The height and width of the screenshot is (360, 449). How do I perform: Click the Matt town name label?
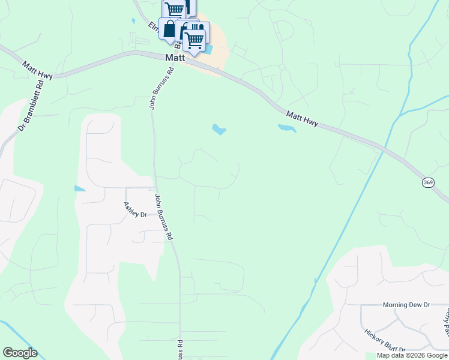pyautogui.click(x=174, y=58)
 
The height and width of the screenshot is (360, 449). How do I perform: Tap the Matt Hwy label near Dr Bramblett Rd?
pyautogui.click(x=37, y=70)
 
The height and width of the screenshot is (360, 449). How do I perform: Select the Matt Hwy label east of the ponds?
pyautogui.click(x=302, y=119)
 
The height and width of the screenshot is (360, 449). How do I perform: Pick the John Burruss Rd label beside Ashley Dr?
pyautogui.click(x=164, y=217)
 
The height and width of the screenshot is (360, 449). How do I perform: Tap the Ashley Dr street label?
pyautogui.click(x=135, y=209)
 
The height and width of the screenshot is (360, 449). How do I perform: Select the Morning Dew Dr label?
pyautogui.click(x=407, y=305)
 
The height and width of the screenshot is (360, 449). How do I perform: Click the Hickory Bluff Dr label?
pyautogui.click(x=384, y=340)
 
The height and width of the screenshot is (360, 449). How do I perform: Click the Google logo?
pyautogui.click(x=20, y=353)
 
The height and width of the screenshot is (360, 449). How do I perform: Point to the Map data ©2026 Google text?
pyautogui.click(x=411, y=355)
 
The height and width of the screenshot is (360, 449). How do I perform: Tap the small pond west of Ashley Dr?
pyautogui.click(x=79, y=188)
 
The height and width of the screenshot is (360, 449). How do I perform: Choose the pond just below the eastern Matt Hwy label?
pyautogui.click(x=286, y=128)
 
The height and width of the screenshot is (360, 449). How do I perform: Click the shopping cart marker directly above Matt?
pyautogui.click(x=194, y=41)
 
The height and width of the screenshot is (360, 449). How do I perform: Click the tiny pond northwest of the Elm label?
pyautogui.click(x=133, y=21)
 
